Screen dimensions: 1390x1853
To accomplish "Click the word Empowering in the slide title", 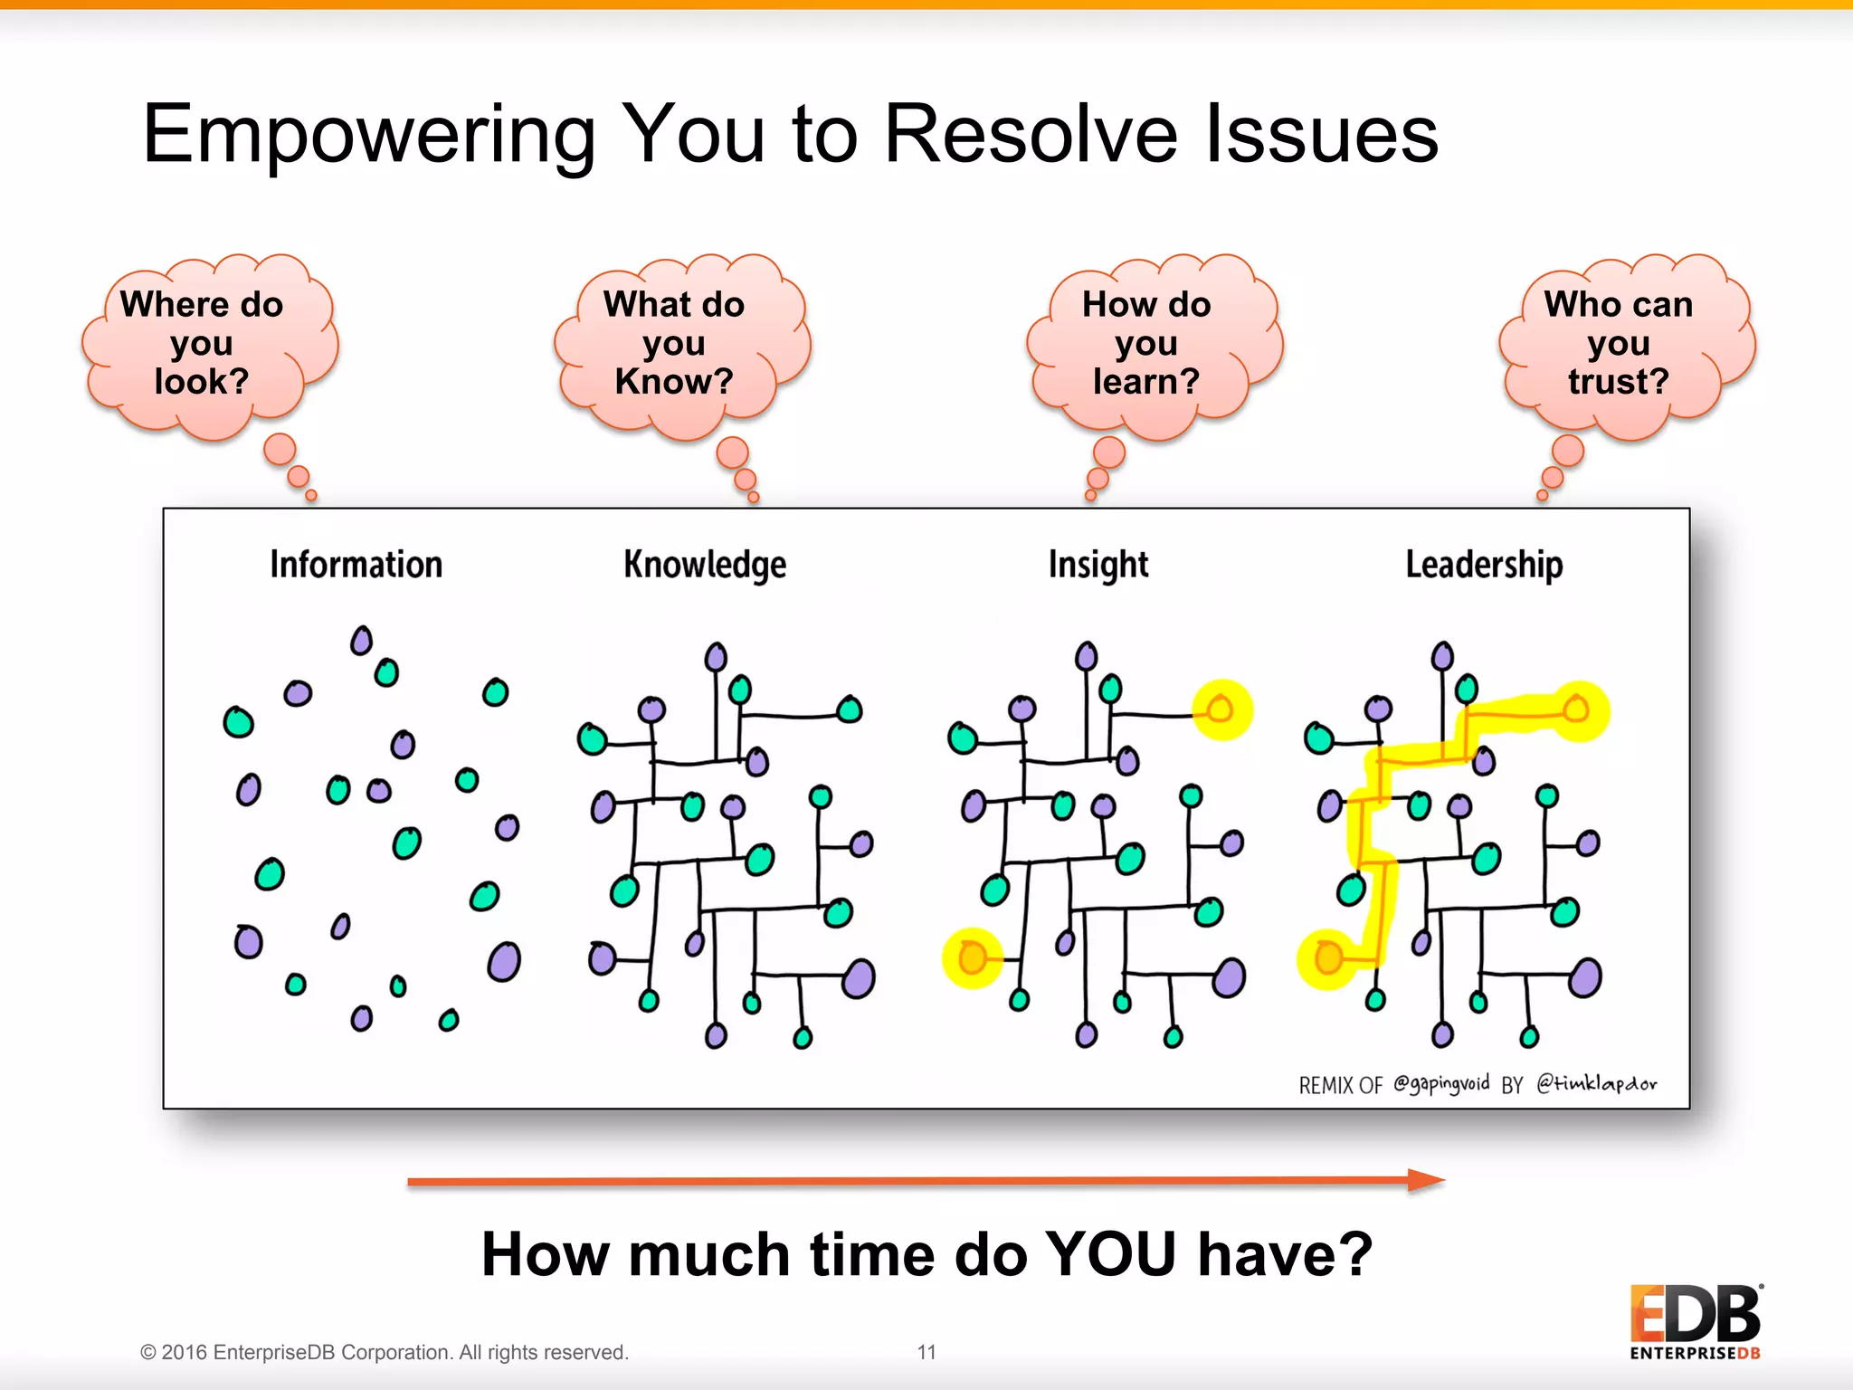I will point(367,136).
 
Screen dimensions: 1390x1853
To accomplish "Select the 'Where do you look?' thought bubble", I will point(204,344).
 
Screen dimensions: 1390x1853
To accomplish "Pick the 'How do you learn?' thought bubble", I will point(1146,344).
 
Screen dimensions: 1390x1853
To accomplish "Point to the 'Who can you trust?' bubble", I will point(1619,344).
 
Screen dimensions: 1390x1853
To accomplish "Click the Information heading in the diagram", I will point(356,565).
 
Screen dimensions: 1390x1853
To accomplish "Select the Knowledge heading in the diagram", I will point(705,565).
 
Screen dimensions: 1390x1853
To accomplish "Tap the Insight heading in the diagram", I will point(1098,565).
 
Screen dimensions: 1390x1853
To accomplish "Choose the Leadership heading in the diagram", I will point(1484,565).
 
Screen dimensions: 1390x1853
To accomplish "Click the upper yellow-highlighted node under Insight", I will point(1221,709).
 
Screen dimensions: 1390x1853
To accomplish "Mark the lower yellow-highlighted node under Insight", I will point(972,957).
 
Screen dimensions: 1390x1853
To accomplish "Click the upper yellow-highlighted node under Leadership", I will point(1577,709).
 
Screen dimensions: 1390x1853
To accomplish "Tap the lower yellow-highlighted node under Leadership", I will point(1328,957).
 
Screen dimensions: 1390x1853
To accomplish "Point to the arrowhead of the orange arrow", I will point(1426,1180).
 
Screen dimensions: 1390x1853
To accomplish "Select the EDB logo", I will point(1696,1321).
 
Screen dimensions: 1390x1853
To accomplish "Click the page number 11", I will point(926,1352).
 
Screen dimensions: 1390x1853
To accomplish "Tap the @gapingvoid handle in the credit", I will point(1440,1083).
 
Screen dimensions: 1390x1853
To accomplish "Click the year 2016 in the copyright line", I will point(185,1352).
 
